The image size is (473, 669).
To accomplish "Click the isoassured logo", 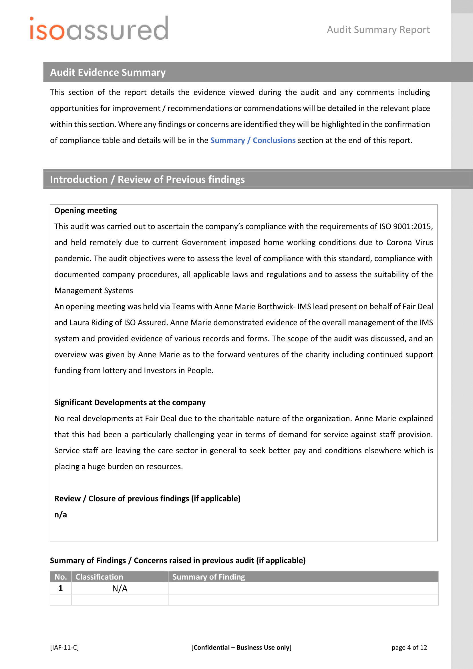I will coord(99,29).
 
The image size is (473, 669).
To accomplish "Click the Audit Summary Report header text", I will coord(378,30).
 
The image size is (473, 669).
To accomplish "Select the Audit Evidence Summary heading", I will coord(108,72).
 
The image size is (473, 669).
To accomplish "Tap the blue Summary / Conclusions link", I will coord(253,140).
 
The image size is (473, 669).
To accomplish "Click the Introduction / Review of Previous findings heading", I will coord(147,180).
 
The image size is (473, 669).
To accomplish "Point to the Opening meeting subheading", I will coord(85,211).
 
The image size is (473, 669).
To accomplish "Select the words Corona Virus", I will coord(410,243).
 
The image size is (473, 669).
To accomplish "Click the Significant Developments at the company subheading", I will coord(130,402).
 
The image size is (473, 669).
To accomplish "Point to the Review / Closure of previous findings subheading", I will coord(147,499).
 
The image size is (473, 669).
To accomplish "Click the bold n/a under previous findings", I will coord(61,515).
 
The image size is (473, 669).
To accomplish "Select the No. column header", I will coord(61,577).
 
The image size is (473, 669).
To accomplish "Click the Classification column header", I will coord(99,577).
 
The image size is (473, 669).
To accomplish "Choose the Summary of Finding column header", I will coord(208,577).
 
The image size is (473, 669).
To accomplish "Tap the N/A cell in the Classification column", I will coord(120,588).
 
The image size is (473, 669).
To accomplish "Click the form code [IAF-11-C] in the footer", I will coord(64,648).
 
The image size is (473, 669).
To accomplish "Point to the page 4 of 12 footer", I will coord(409,648).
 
